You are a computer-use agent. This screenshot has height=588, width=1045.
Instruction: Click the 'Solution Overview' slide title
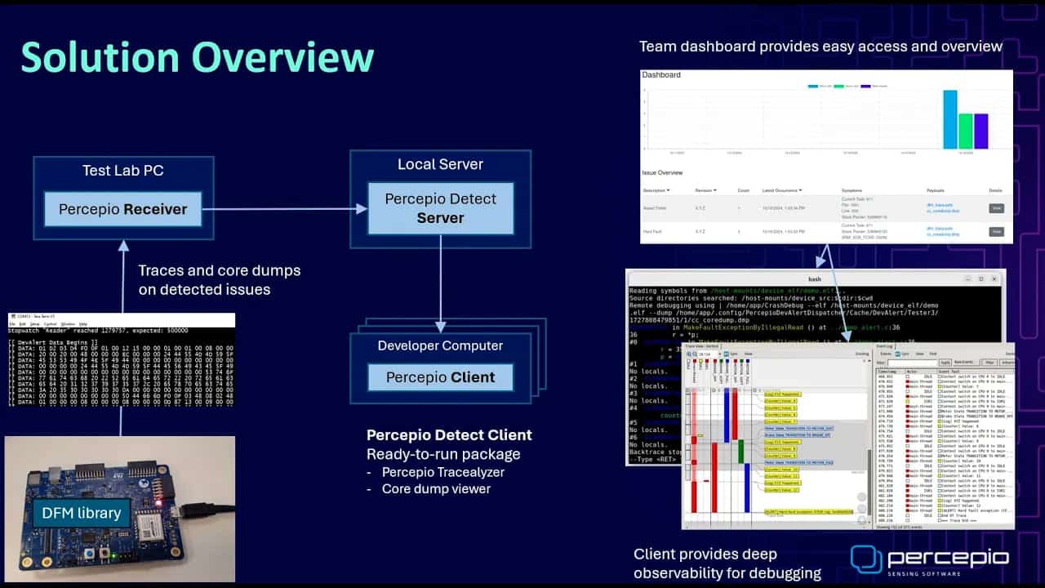tap(197, 57)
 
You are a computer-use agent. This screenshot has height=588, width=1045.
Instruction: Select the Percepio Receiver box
tap(122, 210)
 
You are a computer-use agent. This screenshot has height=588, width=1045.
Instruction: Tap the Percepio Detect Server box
tap(440, 208)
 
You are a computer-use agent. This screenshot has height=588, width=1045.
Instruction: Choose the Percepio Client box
tap(440, 377)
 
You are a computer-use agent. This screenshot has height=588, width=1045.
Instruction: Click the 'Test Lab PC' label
tap(122, 171)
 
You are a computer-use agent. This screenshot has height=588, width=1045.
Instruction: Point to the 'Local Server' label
tap(440, 164)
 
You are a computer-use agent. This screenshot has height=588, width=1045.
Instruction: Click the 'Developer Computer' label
tap(440, 345)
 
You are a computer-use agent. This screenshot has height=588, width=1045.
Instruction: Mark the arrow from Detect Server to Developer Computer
tap(440, 283)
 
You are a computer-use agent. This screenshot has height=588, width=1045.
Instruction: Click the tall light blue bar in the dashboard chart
tap(949, 119)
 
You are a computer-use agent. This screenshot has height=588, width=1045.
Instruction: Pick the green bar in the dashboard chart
tap(965, 131)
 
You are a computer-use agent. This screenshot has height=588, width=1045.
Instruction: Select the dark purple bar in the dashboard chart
tap(981, 131)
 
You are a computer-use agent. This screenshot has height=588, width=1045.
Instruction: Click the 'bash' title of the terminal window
tap(814, 278)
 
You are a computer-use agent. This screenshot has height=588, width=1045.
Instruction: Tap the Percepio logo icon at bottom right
tap(866, 559)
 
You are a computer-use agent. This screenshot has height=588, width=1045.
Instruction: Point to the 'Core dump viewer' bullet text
tap(436, 488)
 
